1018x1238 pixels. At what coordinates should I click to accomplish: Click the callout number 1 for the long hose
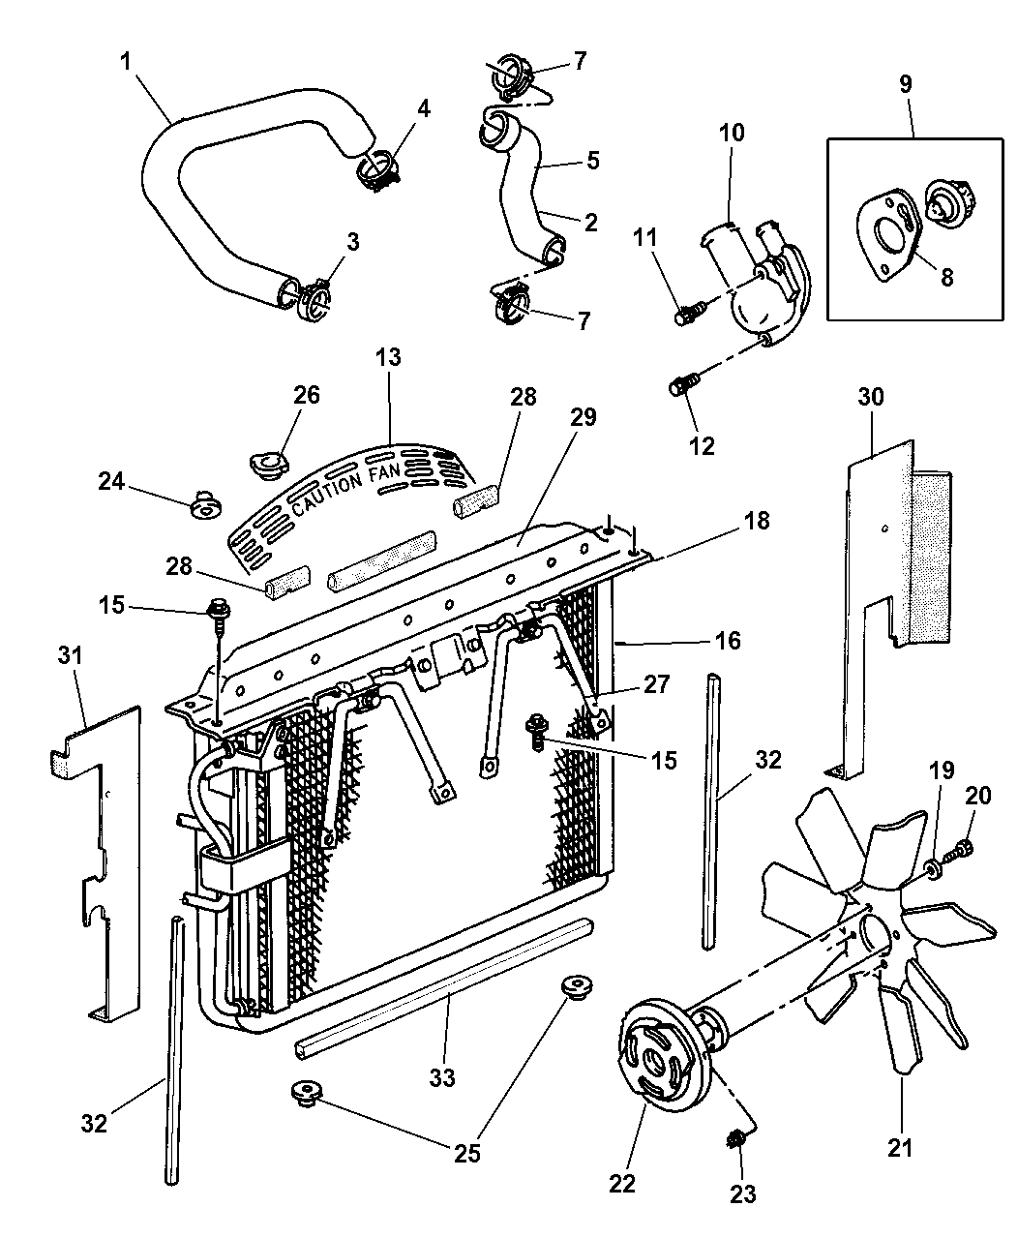coord(127,62)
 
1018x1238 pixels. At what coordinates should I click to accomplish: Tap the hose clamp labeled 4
coord(374,171)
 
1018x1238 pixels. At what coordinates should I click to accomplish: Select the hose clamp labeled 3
coord(313,294)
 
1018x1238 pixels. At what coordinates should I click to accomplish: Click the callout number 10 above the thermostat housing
coord(732,133)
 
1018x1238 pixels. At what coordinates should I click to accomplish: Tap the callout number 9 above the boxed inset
coord(905,84)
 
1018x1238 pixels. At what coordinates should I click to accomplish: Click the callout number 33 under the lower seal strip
coord(445,1076)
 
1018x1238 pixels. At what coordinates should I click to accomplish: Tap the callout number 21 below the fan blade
coord(900,1148)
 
